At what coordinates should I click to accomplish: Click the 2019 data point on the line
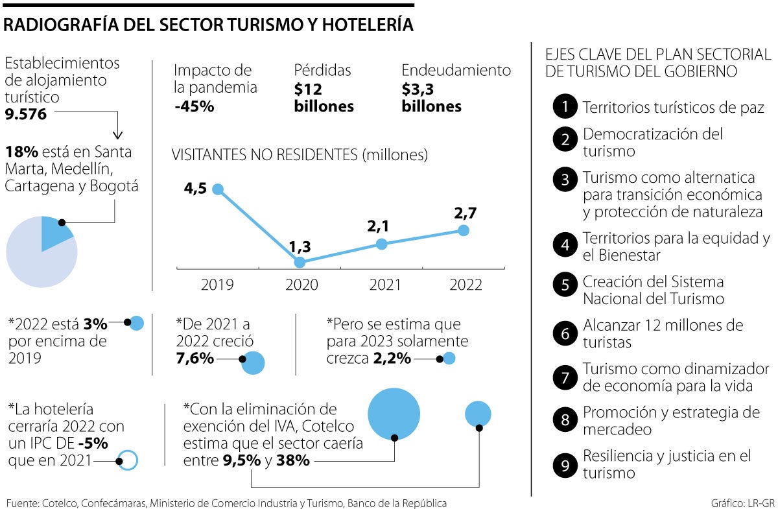click(218, 189)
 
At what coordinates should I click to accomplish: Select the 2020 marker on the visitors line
click(300, 262)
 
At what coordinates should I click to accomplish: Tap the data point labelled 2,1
click(382, 244)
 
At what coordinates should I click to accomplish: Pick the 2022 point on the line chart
click(463, 230)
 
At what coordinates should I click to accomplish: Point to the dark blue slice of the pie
click(54, 232)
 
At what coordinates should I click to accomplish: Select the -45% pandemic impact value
click(194, 106)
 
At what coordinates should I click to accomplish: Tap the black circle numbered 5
click(565, 284)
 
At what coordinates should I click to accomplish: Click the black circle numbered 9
click(565, 465)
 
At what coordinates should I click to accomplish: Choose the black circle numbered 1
click(565, 108)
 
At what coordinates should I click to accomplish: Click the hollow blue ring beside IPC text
click(128, 460)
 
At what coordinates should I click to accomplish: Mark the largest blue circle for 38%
click(394, 414)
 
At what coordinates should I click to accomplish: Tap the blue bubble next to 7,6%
click(253, 362)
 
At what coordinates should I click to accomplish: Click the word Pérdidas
click(322, 70)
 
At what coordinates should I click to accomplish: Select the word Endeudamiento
click(456, 70)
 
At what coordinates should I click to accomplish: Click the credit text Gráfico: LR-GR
click(742, 503)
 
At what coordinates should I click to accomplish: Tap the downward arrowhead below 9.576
click(117, 135)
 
